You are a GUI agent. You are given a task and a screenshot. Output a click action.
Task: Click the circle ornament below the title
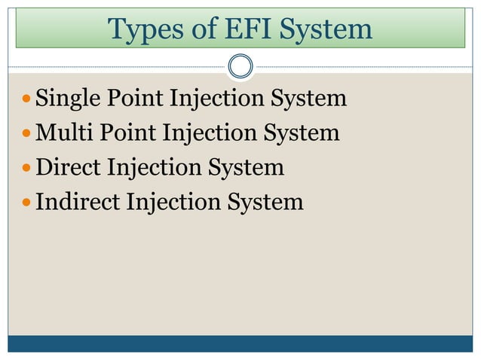(240, 66)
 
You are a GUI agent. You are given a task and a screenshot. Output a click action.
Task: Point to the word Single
(65, 99)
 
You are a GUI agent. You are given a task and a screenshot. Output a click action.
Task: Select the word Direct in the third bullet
(68, 167)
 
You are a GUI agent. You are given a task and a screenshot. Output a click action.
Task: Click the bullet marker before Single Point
(27, 99)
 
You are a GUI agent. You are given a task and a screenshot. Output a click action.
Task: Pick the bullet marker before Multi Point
(27, 134)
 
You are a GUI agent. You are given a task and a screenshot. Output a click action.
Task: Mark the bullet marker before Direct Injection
(27, 168)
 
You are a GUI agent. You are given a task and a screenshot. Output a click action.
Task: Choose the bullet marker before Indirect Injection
(27, 203)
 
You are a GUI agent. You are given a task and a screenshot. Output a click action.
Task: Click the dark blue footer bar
(240, 343)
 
